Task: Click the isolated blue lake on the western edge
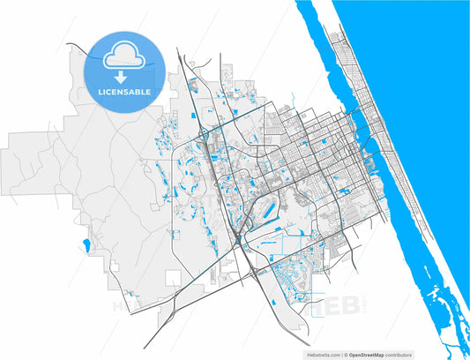point(86,244)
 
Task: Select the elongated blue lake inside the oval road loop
point(264,212)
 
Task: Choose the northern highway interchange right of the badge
point(205,133)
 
